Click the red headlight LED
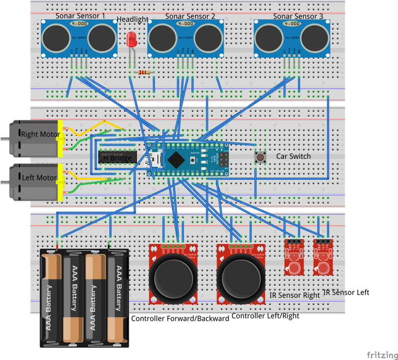pyautogui.click(x=132, y=40)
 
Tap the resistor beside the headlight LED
pyautogui.click(x=144, y=73)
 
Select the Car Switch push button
pyautogui.click(x=259, y=157)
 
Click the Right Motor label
pyautogui.click(x=40, y=134)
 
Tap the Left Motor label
pyautogui.click(x=39, y=178)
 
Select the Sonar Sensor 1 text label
pyautogui.click(x=80, y=16)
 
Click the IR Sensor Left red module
pyautogui.click(x=323, y=256)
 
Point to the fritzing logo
pyautogui.click(x=382, y=355)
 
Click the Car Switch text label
pyautogui.click(x=293, y=156)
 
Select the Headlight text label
pyautogui.click(x=132, y=20)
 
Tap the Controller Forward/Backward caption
pyautogui.click(x=180, y=318)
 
